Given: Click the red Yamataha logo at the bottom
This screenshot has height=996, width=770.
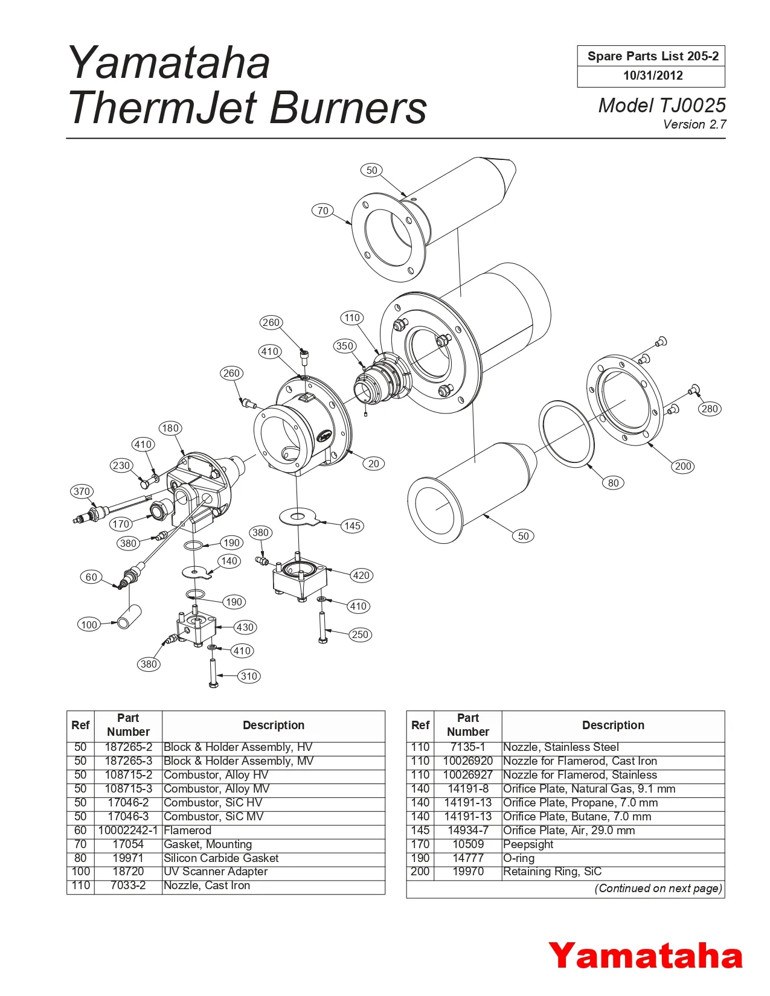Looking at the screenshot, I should coord(645,956).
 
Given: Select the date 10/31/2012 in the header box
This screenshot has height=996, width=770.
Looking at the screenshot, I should coord(653,75).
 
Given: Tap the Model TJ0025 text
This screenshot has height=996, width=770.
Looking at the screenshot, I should coord(661,105).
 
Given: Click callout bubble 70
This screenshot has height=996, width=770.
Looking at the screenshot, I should coord(323,211).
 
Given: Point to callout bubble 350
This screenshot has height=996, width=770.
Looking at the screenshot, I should coord(344,346).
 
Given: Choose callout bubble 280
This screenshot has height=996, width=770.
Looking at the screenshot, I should coord(710,409).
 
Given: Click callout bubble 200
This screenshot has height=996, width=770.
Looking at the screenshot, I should coord(683,466).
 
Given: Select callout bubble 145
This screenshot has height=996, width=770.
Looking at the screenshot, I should coord(352,526).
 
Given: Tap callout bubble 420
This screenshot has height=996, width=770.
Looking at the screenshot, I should coord(361,575).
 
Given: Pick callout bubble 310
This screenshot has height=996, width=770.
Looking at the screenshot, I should coord(249,676).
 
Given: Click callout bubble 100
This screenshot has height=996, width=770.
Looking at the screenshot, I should coord(89,625).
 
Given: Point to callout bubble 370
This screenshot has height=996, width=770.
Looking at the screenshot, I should coord(82,491).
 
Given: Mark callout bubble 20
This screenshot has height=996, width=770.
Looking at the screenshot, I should coord(374,464).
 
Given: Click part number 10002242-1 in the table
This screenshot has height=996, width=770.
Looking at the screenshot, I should coord(128,831).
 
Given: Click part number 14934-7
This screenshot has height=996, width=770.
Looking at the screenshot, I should coord(468,831).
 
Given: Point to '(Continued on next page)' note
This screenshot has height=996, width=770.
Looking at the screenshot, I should coord(658,889).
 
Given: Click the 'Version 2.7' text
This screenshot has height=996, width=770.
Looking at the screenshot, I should coord(695,124).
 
